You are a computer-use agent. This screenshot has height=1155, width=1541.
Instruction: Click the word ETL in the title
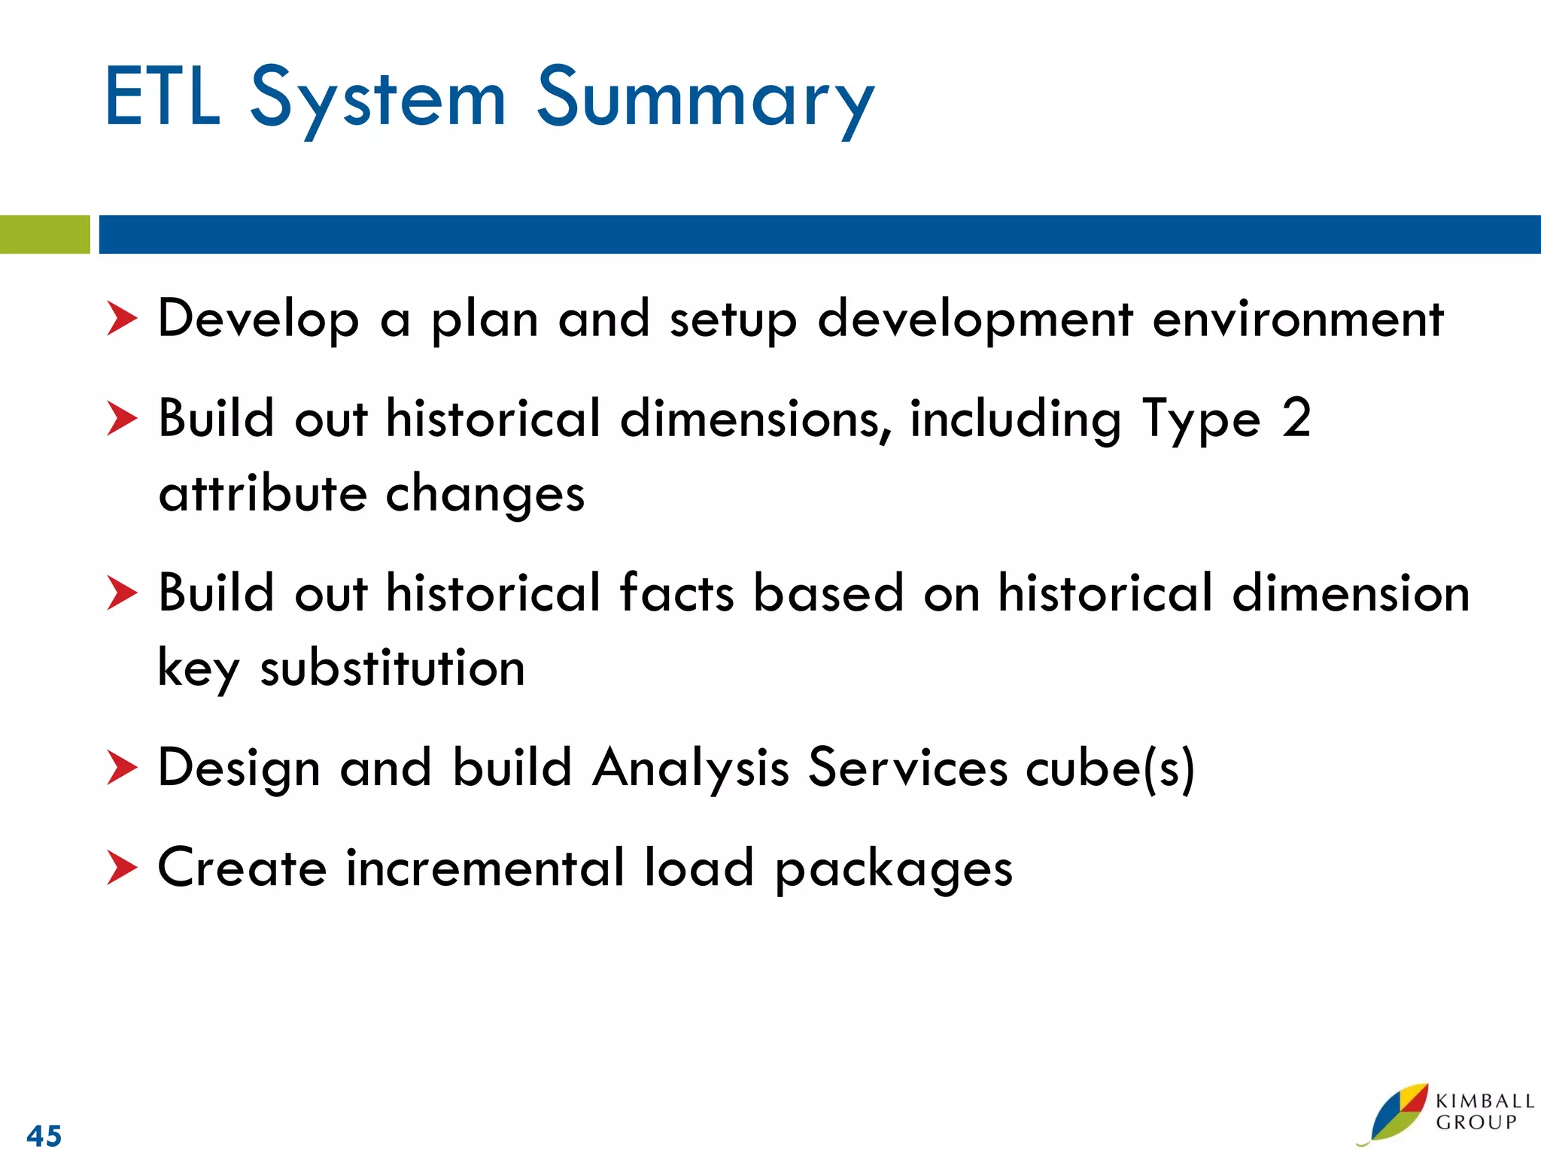(x=162, y=98)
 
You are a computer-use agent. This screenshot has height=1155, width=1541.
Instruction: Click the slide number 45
(x=44, y=1135)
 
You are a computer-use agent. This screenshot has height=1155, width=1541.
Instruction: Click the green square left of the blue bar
(x=44, y=235)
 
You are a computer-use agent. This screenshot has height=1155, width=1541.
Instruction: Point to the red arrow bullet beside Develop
(x=121, y=318)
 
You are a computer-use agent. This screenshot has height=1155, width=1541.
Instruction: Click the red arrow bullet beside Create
(x=121, y=868)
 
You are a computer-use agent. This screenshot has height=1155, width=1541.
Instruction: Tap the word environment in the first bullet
(x=1297, y=320)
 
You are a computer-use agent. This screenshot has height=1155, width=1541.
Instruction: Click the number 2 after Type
(x=1296, y=418)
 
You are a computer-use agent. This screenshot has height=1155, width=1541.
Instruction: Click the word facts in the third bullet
(x=676, y=593)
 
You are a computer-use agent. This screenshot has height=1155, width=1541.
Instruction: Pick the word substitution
(x=392, y=668)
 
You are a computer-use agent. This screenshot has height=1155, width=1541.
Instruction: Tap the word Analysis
(x=690, y=768)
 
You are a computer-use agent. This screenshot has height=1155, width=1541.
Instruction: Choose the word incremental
(x=485, y=868)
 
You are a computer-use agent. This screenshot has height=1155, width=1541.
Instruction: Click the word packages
(x=893, y=869)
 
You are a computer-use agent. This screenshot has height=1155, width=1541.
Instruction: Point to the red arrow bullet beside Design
(x=121, y=768)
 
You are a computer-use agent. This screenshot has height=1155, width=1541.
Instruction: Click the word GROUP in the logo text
(x=1476, y=1123)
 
